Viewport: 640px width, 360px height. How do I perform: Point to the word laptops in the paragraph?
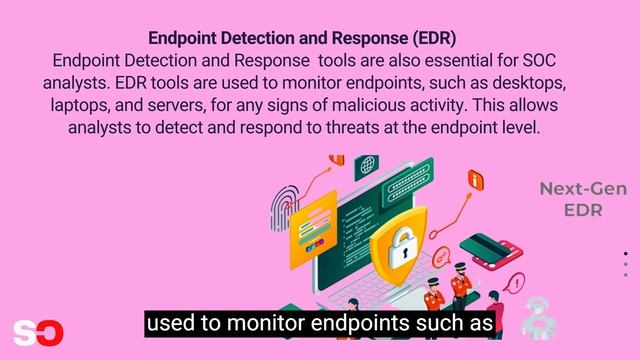point(79,105)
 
